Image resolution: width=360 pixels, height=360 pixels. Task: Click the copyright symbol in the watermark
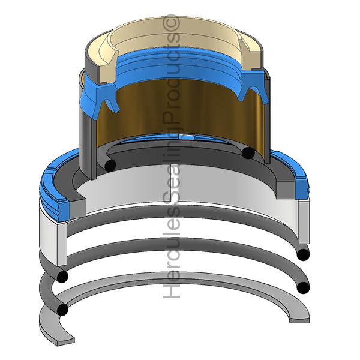click(x=171, y=23)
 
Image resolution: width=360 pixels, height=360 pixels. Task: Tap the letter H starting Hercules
click(x=171, y=290)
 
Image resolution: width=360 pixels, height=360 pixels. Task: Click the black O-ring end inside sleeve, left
click(x=110, y=165)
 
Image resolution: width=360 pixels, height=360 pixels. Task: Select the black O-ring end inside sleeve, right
click(x=248, y=152)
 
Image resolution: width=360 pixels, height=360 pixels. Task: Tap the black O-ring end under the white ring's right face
click(x=303, y=254)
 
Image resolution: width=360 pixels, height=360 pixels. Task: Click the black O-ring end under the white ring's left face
click(x=62, y=276)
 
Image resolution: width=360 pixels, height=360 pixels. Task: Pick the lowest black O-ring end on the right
click(x=303, y=287)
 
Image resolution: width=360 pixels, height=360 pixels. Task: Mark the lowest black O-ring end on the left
click(x=62, y=310)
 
